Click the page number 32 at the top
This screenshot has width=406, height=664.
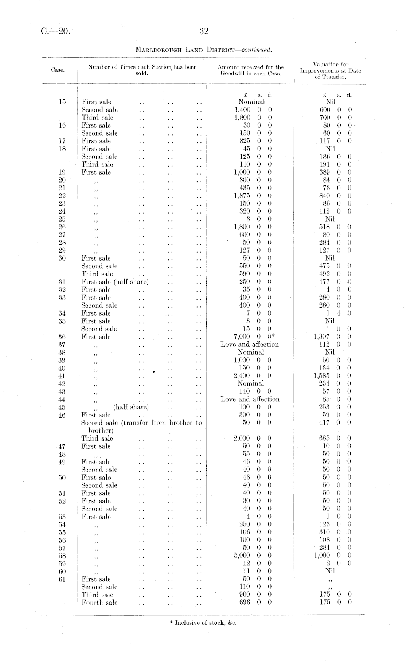(204, 31)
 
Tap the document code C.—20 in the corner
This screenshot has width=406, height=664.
(55, 31)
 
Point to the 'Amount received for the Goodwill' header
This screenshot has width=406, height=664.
(251, 70)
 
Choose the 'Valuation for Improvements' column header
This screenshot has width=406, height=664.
(330, 70)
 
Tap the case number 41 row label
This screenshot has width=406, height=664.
(62, 376)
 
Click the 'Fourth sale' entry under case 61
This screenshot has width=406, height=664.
(99, 602)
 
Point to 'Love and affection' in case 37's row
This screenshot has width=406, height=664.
(250, 344)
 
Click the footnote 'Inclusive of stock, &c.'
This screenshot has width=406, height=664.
(203, 622)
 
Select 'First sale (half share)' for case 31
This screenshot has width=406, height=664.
(115, 282)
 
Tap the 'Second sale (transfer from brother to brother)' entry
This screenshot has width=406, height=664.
(142, 426)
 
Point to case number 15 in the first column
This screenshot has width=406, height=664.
(62, 102)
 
